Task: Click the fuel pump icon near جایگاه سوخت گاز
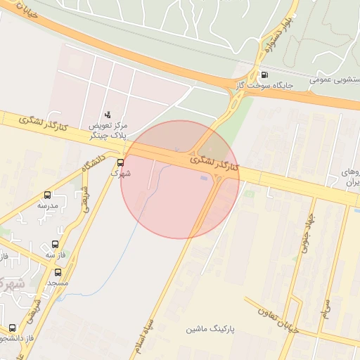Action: coord(264,75)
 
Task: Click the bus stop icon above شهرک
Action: coord(120,162)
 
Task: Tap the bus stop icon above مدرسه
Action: coord(48,195)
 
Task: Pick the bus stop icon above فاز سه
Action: coord(55,244)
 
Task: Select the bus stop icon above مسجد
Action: coord(58,272)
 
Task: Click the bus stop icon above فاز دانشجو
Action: coord(13,328)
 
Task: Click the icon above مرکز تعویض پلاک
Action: coord(108,114)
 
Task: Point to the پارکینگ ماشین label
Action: coord(210,329)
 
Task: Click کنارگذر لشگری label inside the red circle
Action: coord(215,162)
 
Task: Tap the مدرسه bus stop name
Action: coord(48,206)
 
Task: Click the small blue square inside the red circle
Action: coord(204,178)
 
